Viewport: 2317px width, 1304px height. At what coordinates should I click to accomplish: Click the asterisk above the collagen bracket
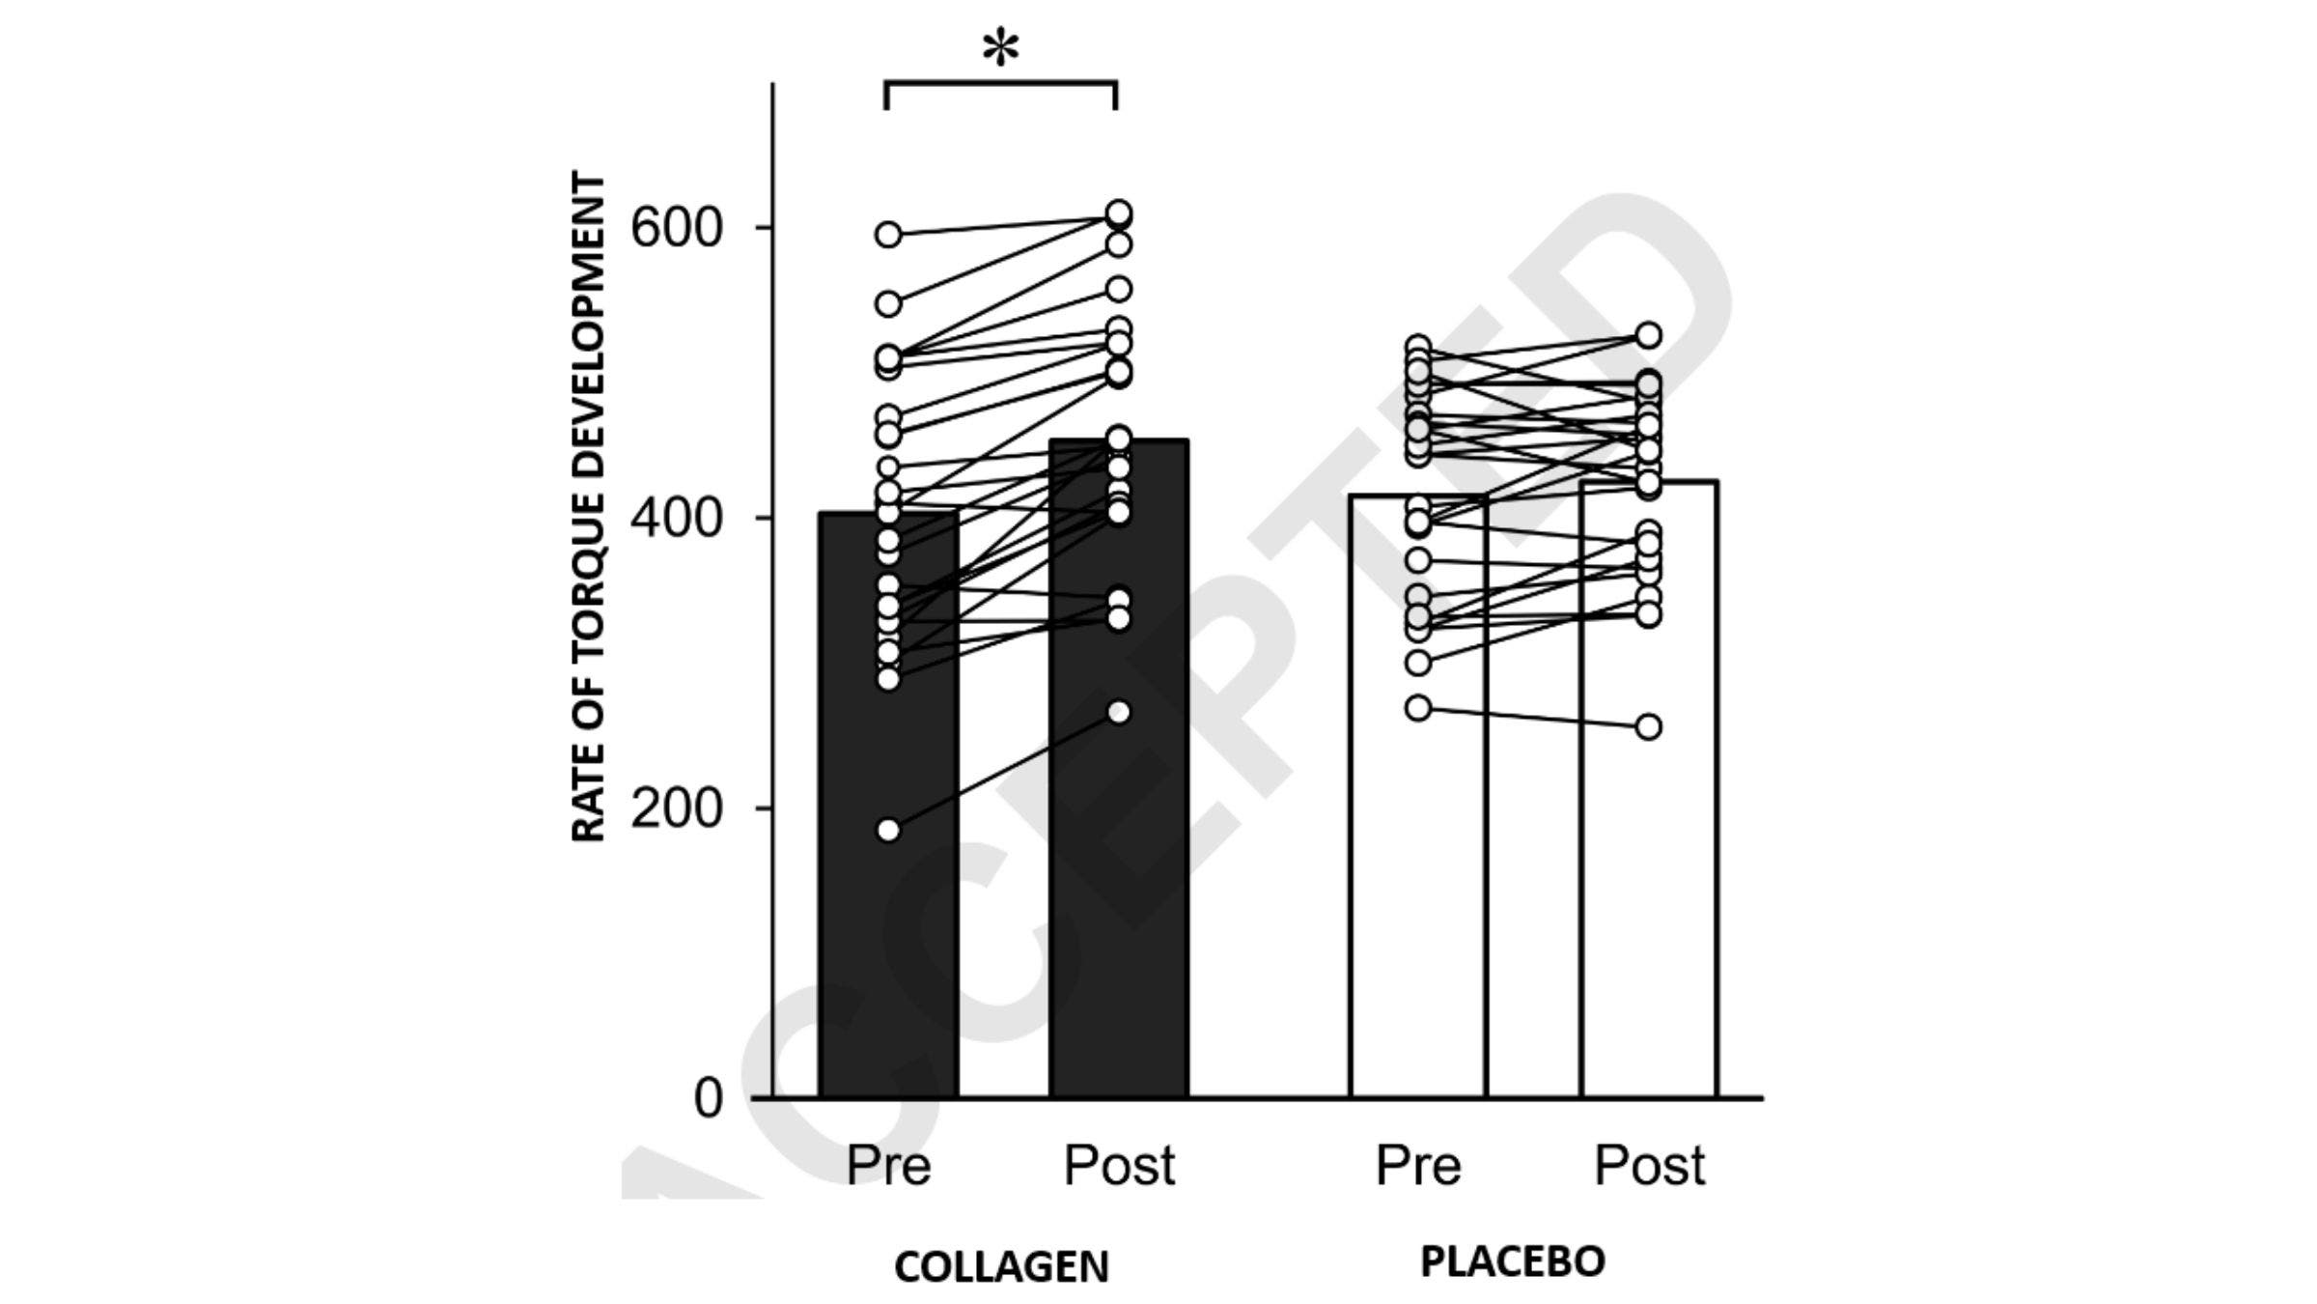coord(1000,49)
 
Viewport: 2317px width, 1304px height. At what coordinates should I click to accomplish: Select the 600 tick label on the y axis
coord(676,228)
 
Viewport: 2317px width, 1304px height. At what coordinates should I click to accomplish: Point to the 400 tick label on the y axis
coord(676,519)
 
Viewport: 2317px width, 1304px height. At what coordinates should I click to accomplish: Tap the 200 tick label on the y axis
coord(676,808)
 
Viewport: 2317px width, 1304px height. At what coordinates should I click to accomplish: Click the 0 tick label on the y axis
coord(708,1098)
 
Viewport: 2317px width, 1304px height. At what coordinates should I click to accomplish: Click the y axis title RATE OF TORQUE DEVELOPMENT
coord(589,507)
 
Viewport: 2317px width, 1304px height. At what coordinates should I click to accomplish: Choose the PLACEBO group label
coord(1513,1261)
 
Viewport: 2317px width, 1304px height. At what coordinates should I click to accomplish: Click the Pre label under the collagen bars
coord(888,1165)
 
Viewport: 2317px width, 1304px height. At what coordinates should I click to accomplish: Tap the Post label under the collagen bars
coord(1119,1165)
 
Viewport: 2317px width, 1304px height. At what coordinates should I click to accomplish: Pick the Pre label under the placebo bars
coord(1417,1165)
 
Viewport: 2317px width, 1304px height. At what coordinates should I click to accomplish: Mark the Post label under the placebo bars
coord(1649,1165)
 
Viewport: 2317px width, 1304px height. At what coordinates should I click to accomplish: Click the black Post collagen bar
coord(1119,869)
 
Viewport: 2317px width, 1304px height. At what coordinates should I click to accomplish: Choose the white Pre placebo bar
coord(1417,869)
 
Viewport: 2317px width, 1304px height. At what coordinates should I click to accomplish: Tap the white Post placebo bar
coord(1649,869)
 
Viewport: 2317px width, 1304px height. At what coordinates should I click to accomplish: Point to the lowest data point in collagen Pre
coord(888,830)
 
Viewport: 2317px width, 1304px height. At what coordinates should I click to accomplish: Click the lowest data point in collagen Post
coord(1119,713)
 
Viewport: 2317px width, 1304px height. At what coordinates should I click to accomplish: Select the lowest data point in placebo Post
coord(1649,726)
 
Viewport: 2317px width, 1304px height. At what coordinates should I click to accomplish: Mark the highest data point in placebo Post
coord(1649,335)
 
